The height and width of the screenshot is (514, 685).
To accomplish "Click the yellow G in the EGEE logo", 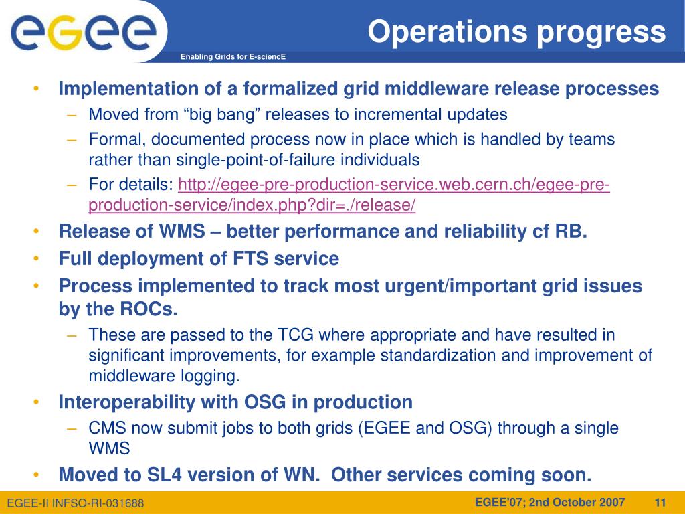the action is click(65, 32).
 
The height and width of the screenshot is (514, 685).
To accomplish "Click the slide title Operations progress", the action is click(517, 32).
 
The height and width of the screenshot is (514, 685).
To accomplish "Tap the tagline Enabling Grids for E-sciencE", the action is click(233, 56).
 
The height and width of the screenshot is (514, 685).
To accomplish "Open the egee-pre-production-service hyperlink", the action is click(349, 195).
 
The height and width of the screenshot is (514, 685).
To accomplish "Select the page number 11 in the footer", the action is click(660, 502).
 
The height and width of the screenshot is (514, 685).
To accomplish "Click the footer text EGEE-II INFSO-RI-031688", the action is click(76, 503).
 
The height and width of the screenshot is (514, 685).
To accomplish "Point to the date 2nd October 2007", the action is click(577, 502).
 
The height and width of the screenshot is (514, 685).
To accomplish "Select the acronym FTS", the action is click(250, 258).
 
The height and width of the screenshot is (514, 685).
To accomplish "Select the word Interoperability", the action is click(127, 402).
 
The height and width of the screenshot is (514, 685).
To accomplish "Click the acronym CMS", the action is click(107, 428).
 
